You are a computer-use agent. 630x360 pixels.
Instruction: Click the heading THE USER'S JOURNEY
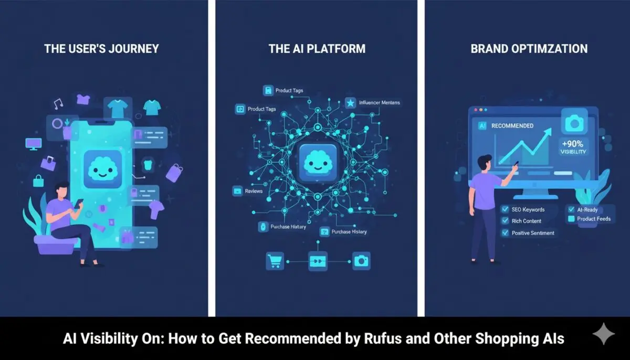[101, 49]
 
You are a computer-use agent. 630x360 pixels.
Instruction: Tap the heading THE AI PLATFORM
[317, 49]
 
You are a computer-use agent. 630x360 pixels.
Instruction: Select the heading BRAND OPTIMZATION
[529, 49]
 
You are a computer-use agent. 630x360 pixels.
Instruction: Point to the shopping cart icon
[275, 260]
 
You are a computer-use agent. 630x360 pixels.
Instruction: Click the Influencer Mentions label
[379, 103]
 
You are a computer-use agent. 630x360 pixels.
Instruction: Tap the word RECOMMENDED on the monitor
[512, 126]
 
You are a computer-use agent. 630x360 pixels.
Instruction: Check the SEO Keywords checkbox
[505, 209]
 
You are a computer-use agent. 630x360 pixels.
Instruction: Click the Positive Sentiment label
[533, 233]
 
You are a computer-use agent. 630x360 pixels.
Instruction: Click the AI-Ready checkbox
[572, 209]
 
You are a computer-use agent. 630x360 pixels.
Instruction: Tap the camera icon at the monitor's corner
[574, 123]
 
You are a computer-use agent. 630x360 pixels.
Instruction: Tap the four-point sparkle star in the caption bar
[603, 335]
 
